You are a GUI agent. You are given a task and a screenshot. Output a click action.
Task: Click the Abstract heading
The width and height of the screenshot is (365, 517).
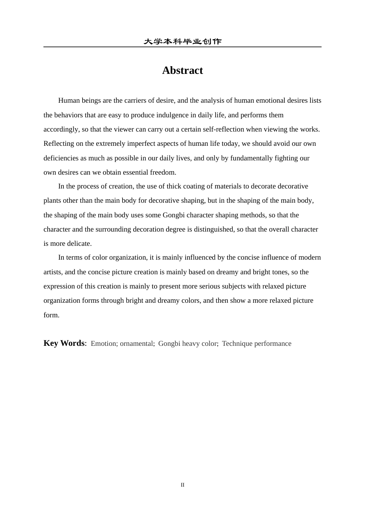point(182,70)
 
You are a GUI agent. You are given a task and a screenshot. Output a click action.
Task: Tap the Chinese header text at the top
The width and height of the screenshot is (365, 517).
point(182,42)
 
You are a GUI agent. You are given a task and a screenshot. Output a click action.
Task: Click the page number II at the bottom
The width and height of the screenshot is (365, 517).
point(182,485)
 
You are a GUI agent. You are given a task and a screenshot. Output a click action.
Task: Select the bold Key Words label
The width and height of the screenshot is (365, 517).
point(64,343)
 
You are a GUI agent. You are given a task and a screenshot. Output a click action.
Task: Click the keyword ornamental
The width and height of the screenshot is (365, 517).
point(136,344)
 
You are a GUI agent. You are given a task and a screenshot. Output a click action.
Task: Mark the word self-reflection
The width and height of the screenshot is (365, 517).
point(223,129)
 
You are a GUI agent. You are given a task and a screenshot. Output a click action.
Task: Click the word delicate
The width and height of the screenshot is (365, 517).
point(80,243)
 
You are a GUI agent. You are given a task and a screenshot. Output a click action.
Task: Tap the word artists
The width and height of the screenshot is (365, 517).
point(53,272)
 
